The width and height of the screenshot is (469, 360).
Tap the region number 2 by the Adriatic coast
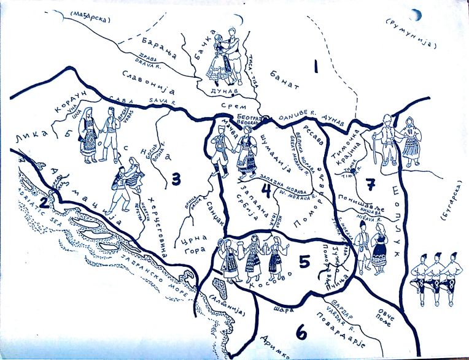click(x=44, y=202)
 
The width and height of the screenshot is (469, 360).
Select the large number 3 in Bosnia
click(x=176, y=180)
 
